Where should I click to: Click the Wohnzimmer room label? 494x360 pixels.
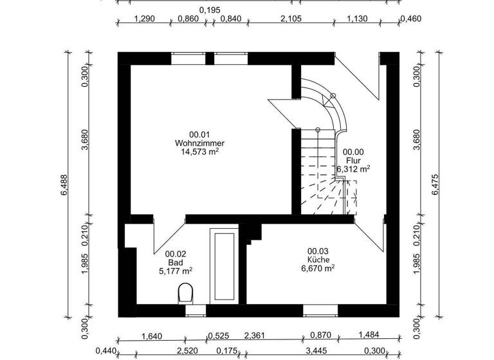coord(199,143)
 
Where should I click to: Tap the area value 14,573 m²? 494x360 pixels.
coord(199,152)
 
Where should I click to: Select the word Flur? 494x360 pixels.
coord(353,161)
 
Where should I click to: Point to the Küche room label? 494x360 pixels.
coord(318,260)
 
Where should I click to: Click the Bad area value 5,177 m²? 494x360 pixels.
coord(176,272)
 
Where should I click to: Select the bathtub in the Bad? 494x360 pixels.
coord(224,265)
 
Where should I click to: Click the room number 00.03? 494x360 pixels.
coord(318,251)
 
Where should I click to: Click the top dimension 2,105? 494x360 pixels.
coord(291,19)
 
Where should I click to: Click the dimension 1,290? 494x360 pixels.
coord(145,19)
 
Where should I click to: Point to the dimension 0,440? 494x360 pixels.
coord(105,351)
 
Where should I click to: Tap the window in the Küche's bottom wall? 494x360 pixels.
coord(320,311)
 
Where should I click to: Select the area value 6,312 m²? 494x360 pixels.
coord(353,170)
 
